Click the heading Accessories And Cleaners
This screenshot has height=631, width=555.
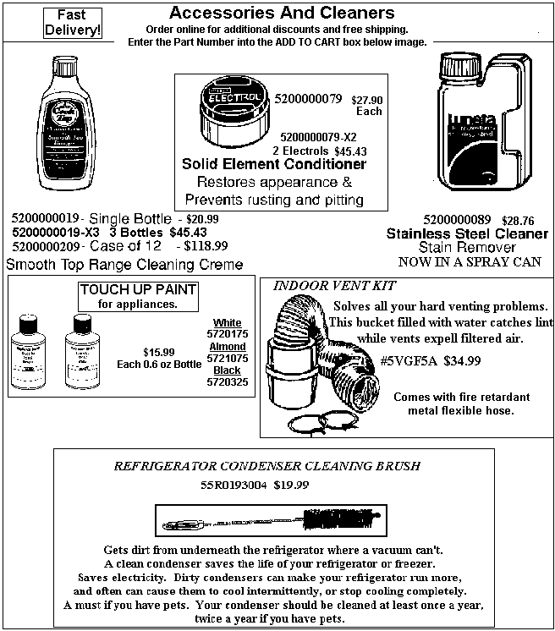[x=282, y=13]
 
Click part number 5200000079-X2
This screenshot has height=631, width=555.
[x=318, y=136]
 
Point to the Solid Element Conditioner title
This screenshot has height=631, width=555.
[x=274, y=164]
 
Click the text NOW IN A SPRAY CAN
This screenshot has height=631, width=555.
[x=469, y=261]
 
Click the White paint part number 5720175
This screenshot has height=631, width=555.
[x=227, y=335]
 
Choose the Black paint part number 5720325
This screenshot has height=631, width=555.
[x=227, y=382]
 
